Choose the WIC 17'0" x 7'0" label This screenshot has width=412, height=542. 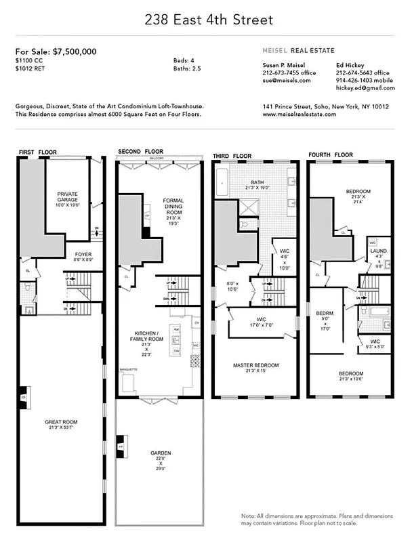click(x=260, y=320)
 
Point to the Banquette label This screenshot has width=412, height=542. click(x=129, y=369)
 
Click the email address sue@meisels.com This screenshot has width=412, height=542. click(x=286, y=80)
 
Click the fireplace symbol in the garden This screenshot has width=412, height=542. click(x=121, y=448)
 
